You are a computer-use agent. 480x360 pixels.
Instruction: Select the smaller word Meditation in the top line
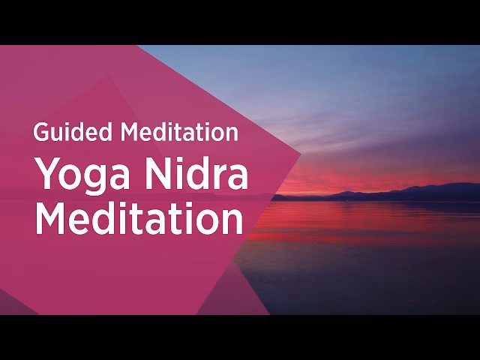[x=180, y=133]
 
